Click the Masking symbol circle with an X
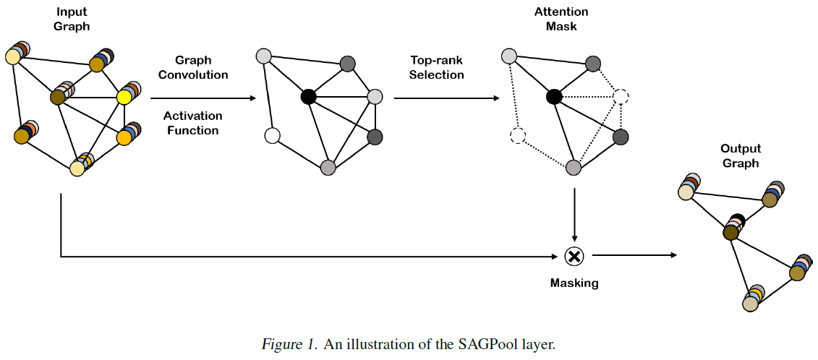pyautogui.click(x=574, y=255)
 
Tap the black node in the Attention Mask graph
pyautogui.click(x=554, y=96)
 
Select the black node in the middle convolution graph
pyautogui.click(x=308, y=96)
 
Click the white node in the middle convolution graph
pyautogui.click(x=272, y=135)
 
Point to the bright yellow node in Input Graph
pyautogui.click(x=124, y=97)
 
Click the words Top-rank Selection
pyautogui.click(x=437, y=67)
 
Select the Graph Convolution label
pyautogui.click(x=193, y=67)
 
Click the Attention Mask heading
pyautogui.click(x=561, y=20)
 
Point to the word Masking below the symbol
pyautogui.click(x=574, y=283)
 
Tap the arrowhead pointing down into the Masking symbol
pyautogui.click(x=574, y=240)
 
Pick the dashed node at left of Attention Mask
pyautogui.click(x=517, y=135)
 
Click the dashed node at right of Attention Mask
pyautogui.click(x=620, y=97)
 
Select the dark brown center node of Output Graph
pyautogui.click(x=730, y=232)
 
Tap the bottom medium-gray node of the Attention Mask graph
pyautogui.click(x=574, y=168)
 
